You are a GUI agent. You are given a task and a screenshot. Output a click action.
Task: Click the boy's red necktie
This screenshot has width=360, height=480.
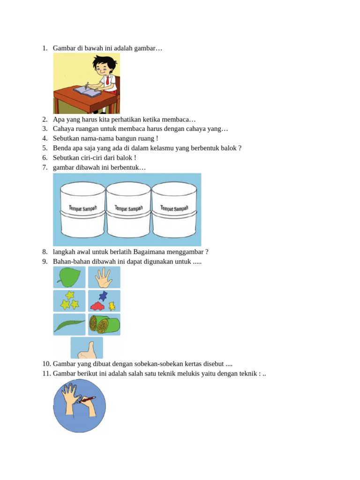tap(107, 81)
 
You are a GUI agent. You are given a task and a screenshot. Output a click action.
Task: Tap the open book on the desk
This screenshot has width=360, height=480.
tap(87, 91)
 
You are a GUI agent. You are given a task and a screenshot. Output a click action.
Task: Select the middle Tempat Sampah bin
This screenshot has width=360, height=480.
tap(128, 210)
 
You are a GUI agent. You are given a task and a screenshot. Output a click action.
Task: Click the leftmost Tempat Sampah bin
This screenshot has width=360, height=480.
tap(82, 210)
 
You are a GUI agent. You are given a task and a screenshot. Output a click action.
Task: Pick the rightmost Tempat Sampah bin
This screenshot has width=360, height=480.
tap(174, 210)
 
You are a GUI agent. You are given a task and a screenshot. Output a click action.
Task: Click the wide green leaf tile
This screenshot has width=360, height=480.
tap(69, 277)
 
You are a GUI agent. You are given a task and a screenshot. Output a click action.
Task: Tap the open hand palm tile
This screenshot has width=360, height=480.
tap(104, 277)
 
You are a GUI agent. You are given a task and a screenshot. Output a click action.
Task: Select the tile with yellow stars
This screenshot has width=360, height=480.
tap(69, 301)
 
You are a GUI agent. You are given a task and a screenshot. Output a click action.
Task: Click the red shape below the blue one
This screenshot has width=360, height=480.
tap(97, 306)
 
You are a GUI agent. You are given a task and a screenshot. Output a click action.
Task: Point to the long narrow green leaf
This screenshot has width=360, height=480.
tap(69, 325)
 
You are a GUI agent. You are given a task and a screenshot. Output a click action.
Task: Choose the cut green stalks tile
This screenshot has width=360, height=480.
tap(104, 324)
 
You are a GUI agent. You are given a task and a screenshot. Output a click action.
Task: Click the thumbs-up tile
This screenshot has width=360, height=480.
tap(87, 348)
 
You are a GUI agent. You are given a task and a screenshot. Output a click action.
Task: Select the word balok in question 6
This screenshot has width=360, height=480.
tap(124, 157)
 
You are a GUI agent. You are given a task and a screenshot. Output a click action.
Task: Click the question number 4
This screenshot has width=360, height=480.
tap(45, 138)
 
